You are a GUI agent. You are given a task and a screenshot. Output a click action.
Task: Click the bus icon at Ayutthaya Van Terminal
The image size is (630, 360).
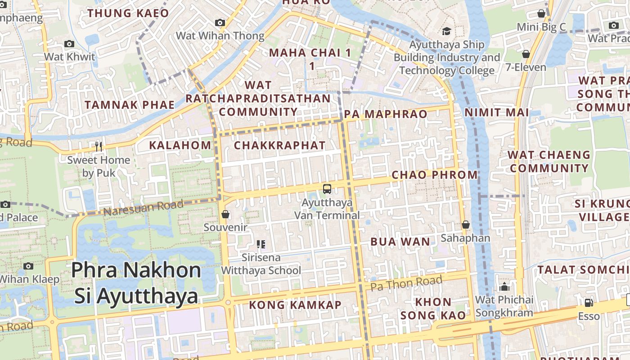(x=327, y=189)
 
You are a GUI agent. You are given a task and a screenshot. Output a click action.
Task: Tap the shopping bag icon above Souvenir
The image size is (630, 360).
(x=225, y=214)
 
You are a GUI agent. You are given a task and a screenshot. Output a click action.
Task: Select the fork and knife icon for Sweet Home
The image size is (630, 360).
(x=99, y=146)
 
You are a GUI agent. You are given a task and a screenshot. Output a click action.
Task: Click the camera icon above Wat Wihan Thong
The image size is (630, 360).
(x=220, y=22)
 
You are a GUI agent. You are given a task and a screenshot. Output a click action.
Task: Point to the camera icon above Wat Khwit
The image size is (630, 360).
(x=69, y=44)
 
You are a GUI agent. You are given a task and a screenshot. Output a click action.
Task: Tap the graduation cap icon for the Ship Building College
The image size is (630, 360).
(x=446, y=31)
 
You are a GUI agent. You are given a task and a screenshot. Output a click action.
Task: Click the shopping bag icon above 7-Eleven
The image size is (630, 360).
(x=526, y=54)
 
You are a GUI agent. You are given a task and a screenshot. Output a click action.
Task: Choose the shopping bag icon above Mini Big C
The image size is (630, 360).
(x=541, y=14)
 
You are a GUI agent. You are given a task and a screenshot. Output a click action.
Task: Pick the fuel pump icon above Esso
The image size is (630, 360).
(x=589, y=303)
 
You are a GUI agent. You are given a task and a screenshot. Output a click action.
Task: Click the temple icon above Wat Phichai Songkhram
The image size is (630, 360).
(x=504, y=287)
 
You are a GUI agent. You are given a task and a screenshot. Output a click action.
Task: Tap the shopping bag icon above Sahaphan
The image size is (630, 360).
(x=465, y=225)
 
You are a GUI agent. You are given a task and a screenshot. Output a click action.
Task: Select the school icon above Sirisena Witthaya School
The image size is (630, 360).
(x=261, y=244)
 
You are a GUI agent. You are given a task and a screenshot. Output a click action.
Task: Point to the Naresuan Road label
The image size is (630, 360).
(x=143, y=208)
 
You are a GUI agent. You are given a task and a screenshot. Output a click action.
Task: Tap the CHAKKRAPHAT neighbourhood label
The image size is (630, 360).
(x=279, y=145)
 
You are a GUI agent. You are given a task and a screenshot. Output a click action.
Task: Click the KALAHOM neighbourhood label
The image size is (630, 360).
(x=180, y=145)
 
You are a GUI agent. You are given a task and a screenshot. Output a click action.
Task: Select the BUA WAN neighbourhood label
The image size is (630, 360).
(x=400, y=242)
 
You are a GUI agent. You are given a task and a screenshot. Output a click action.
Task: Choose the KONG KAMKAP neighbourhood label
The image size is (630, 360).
(x=295, y=305)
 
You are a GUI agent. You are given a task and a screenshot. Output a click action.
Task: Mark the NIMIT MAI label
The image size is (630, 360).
(x=496, y=112)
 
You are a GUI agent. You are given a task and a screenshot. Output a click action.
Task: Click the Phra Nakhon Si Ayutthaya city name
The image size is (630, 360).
(x=136, y=283)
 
